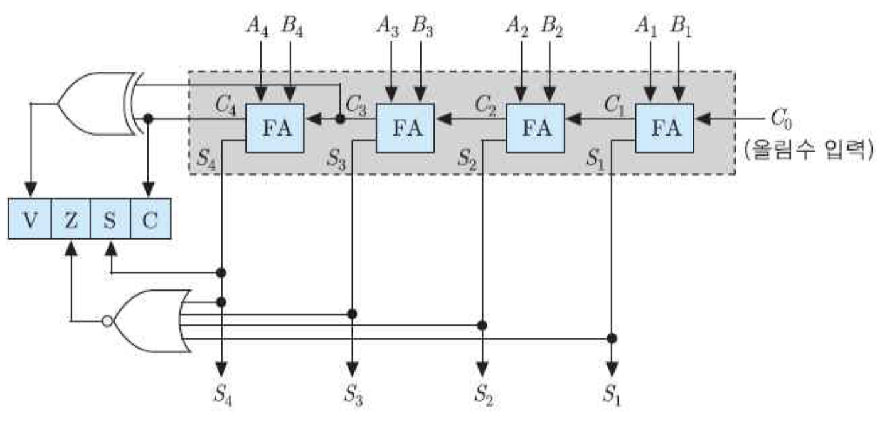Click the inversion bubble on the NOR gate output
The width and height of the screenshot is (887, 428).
click(x=107, y=321)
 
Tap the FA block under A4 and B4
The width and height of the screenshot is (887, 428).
click(x=275, y=128)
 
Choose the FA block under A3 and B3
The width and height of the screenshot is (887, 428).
click(x=405, y=128)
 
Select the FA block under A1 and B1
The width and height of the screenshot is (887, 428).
click(x=665, y=128)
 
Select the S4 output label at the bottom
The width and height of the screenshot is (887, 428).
click(x=224, y=394)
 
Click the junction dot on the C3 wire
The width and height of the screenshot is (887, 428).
click(x=341, y=118)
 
